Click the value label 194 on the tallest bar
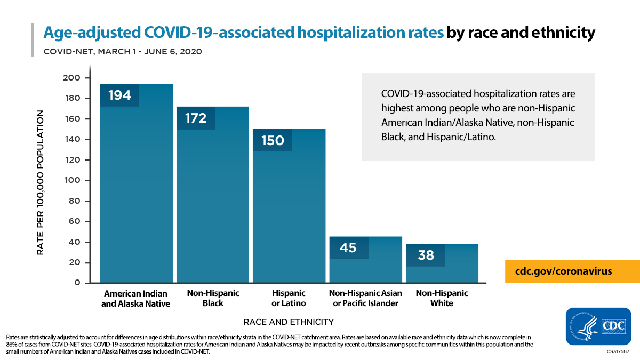(119, 95)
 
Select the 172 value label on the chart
(196, 118)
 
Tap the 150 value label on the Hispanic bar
(272, 141)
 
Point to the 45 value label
(348, 248)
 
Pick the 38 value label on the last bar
(426, 255)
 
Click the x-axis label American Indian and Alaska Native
(136, 298)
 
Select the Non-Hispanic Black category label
(213, 298)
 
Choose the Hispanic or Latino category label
(289, 298)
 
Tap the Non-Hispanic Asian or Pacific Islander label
(365, 298)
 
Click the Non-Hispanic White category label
(442, 298)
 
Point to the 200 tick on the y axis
(73, 78)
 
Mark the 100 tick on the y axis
(73, 180)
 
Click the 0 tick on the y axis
(77, 283)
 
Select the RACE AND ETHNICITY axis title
(289, 322)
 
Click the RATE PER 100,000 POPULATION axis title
(41, 182)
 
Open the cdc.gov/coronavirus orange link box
(564, 271)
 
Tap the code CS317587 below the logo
(617, 352)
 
